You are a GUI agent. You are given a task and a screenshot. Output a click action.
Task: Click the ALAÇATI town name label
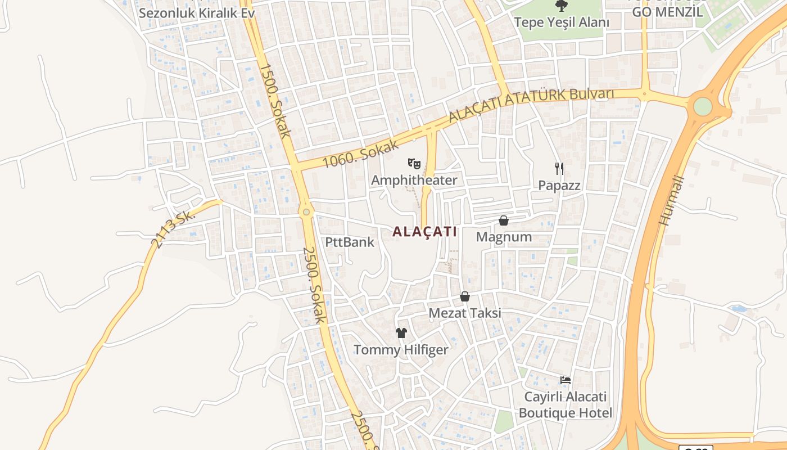click(x=424, y=231)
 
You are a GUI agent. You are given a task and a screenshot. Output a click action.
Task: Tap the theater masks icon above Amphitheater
click(x=414, y=164)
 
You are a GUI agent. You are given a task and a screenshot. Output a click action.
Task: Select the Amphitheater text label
click(x=414, y=180)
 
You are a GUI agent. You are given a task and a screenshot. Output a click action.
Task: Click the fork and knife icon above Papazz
click(x=559, y=168)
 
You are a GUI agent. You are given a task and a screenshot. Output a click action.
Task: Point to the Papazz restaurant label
click(x=559, y=185)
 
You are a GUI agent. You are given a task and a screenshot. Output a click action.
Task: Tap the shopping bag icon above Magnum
click(x=504, y=220)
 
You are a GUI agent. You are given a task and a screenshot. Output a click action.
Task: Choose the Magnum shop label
click(x=504, y=237)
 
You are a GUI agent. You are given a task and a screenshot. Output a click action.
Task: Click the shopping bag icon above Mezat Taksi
click(x=465, y=296)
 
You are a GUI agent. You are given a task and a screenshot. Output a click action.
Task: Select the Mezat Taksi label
click(x=464, y=313)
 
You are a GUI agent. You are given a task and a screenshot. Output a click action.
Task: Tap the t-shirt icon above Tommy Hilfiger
click(x=401, y=333)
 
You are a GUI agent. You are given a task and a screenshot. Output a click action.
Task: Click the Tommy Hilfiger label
click(x=401, y=350)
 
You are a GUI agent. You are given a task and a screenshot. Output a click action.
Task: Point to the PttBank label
click(x=350, y=242)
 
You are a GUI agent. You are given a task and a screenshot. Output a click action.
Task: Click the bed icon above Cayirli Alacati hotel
click(x=566, y=380)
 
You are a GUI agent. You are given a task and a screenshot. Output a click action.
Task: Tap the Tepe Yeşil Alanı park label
click(x=562, y=22)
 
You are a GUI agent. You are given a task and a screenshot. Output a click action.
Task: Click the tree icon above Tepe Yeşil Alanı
click(x=561, y=6)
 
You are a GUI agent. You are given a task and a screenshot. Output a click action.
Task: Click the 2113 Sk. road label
click(x=173, y=229)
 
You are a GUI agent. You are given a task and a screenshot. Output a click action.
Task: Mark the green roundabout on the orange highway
click(x=703, y=106)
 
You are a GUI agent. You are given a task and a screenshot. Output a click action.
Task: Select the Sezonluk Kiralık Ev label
click(x=197, y=12)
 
